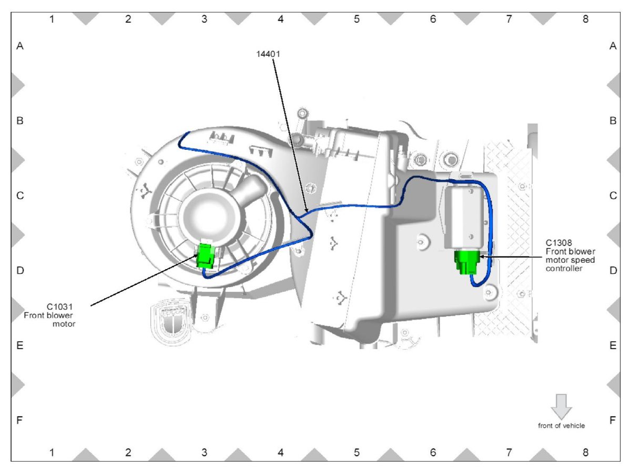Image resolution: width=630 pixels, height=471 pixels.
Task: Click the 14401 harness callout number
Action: click(x=268, y=54)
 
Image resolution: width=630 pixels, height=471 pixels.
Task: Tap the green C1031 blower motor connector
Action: click(x=206, y=256)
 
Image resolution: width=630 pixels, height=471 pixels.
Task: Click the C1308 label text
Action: click(x=558, y=242)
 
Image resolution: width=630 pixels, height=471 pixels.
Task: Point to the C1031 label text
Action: click(x=60, y=307)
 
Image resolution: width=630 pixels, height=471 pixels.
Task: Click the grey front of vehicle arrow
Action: click(x=561, y=406)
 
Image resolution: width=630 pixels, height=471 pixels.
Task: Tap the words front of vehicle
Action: click(x=561, y=426)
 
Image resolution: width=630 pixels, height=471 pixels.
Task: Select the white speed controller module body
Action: click(x=464, y=217)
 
